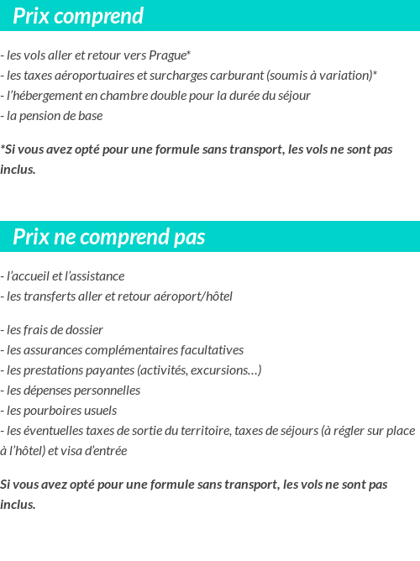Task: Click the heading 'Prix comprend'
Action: [78, 16]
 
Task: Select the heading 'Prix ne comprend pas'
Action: [108, 238]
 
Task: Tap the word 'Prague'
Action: [167, 55]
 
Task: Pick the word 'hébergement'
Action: [50, 96]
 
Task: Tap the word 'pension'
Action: [44, 116]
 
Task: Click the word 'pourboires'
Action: [50, 411]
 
